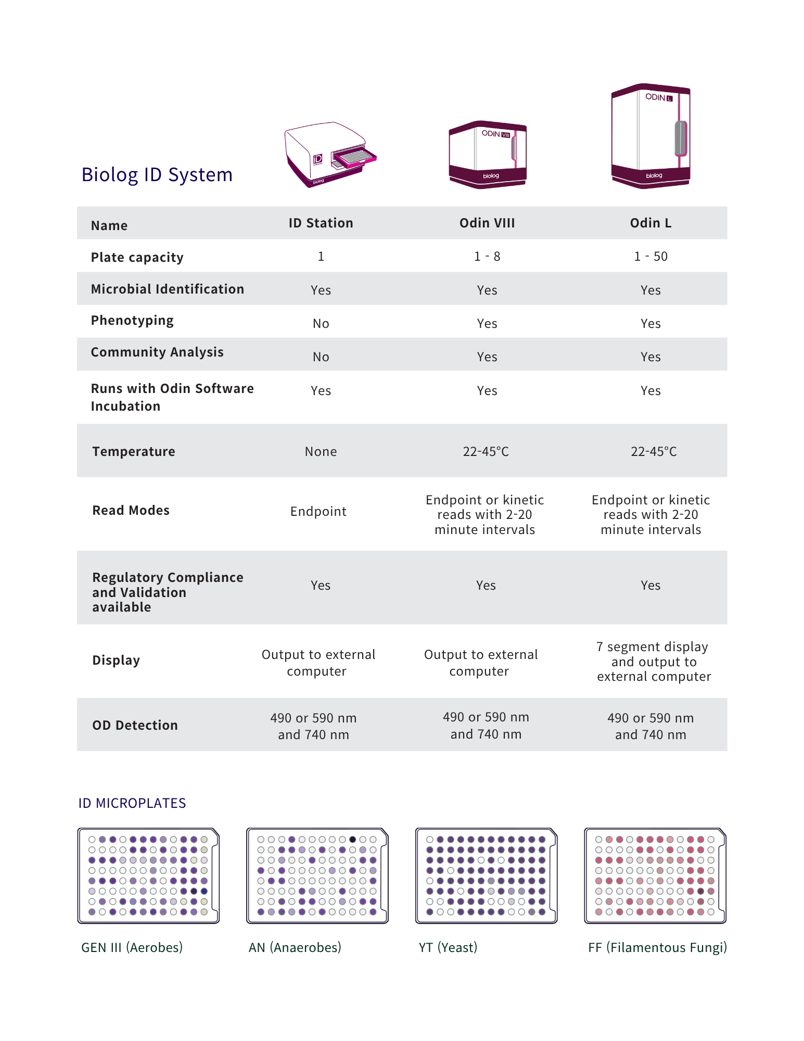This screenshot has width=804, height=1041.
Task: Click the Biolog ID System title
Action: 157,175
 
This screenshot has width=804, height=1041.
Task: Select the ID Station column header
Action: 321,223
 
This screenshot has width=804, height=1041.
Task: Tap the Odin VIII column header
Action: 487,223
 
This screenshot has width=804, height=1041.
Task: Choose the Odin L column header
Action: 650,223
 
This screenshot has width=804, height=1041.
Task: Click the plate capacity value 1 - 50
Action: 650,257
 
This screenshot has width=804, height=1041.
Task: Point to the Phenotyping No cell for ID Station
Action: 321,324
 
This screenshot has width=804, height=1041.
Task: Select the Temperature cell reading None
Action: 321,452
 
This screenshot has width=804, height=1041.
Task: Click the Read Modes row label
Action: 131,511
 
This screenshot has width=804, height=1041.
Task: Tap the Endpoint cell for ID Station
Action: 318,512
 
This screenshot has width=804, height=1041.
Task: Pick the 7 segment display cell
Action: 654,662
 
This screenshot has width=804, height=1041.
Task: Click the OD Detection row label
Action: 135,726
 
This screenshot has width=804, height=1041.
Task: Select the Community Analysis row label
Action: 157,352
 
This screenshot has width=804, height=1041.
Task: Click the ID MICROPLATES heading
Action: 132,803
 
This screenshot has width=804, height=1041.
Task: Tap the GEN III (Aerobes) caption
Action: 132,947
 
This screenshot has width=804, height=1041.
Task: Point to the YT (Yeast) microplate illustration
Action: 487,875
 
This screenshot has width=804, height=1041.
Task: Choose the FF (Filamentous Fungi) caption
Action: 657,947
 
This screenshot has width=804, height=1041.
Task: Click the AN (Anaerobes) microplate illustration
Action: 317,875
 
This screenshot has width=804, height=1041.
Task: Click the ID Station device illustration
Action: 330,155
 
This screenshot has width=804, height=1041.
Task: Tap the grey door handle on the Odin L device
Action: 681,138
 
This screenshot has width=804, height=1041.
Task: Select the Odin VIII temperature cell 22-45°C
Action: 486,452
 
